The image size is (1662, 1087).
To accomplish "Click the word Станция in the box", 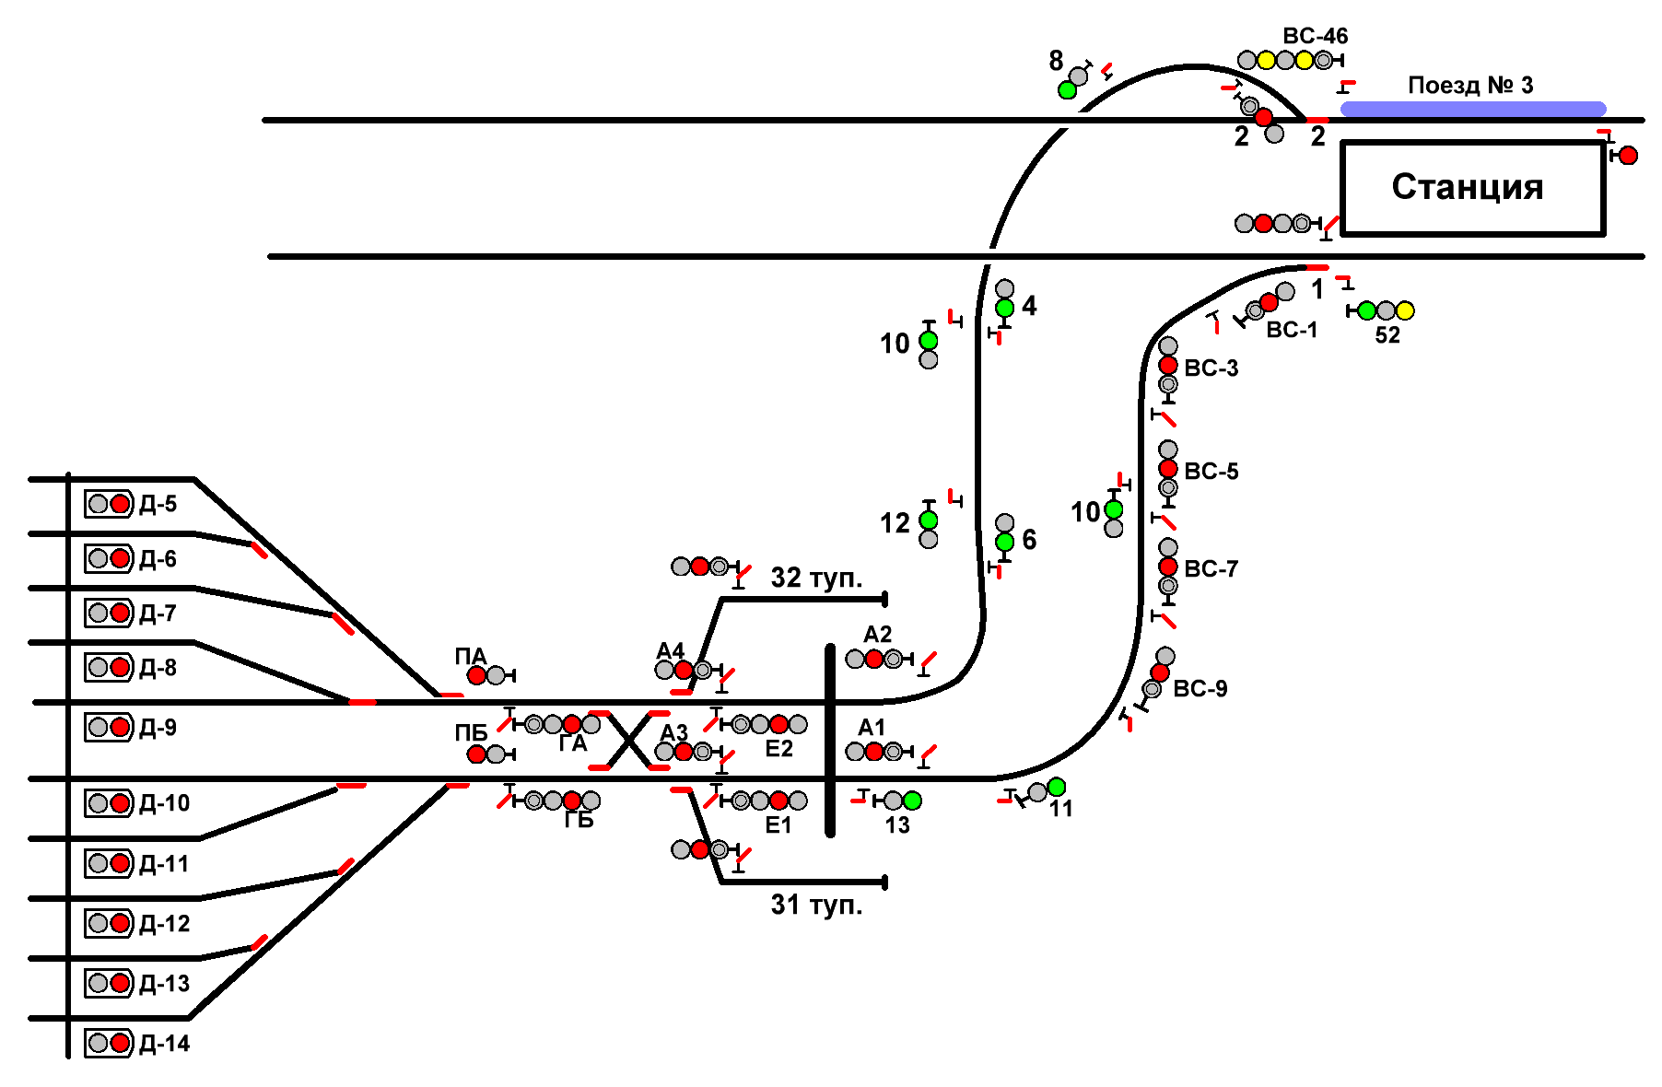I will pyautogui.click(x=1467, y=187).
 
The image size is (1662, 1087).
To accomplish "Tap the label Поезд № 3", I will pyautogui.click(x=1470, y=86).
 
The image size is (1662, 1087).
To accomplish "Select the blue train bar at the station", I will pyautogui.click(x=1472, y=109).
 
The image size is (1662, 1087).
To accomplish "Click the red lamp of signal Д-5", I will pyautogui.click(x=120, y=504).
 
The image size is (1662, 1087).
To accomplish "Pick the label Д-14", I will pyautogui.click(x=164, y=1044).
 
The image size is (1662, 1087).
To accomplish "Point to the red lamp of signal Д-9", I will pyautogui.click(x=120, y=727).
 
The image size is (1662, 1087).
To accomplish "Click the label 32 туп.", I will pyautogui.click(x=816, y=578).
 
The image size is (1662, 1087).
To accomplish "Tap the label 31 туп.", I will pyautogui.click(x=816, y=905).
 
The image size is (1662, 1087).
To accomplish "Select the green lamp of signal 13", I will pyautogui.click(x=912, y=801).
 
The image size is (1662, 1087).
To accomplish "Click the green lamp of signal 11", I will pyautogui.click(x=1057, y=787).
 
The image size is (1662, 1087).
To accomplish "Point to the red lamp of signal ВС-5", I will pyautogui.click(x=1168, y=469).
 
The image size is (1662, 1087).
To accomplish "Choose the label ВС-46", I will pyautogui.click(x=1315, y=37).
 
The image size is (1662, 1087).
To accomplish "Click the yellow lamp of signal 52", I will pyautogui.click(x=1405, y=310).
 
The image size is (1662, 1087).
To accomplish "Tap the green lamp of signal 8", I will pyautogui.click(x=1067, y=90).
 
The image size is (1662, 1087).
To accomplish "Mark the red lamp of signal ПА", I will pyautogui.click(x=476, y=675).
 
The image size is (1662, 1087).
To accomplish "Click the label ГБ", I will pyautogui.click(x=579, y=820).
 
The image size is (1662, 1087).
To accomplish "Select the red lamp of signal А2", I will pyautogui.click(x=874, y=659).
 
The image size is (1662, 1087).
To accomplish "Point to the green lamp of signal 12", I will pyautogui.click(x=929, y=520).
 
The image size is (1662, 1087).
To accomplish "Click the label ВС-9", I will pyautogui.click(x=1200, y=689).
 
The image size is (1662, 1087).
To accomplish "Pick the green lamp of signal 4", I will pyautogui.click(x=1005, y=308).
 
